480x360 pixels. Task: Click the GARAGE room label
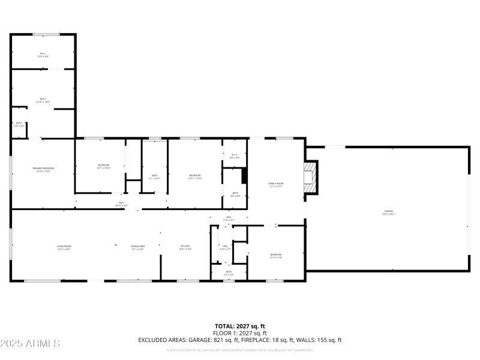(389, 212)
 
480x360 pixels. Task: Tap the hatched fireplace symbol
(310, 178)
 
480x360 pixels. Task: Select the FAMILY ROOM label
(275, 185)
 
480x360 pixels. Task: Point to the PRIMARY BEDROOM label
(43, 170)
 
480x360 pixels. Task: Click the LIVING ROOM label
(64, 247)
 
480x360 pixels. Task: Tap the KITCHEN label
(185, 247)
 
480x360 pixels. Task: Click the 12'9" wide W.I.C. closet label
(43, 55)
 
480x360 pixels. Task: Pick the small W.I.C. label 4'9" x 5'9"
(234, 156)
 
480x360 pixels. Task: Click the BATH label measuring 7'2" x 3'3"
(229, 273)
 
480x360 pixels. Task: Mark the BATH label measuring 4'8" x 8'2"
(235, 194)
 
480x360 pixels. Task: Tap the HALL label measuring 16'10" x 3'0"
(121, 204)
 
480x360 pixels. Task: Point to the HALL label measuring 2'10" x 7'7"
(225, 247)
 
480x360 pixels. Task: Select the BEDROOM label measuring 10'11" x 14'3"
(195, 176)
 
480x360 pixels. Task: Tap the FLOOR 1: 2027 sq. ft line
(239, 332)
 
